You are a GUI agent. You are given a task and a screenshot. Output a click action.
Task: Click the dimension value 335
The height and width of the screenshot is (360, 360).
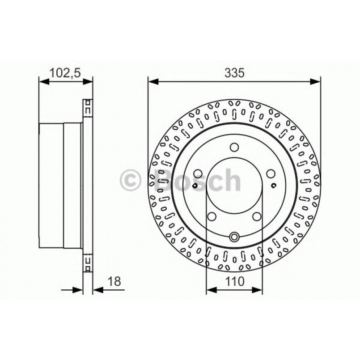tap(234, 73)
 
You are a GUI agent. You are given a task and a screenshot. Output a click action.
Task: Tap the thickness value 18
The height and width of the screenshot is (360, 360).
tap(115, 281)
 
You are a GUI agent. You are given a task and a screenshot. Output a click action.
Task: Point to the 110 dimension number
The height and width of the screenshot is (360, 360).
tap(234, 281)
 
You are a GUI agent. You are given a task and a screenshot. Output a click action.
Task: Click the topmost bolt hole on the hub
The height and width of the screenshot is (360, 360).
tap(234, 147)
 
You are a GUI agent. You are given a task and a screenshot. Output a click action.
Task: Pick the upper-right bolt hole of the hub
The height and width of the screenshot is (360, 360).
tap(270, 173)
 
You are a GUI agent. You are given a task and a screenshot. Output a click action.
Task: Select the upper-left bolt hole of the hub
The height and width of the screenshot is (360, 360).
tap(198, 173)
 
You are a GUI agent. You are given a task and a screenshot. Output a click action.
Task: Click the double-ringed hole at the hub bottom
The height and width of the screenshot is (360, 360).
tap(234, 237)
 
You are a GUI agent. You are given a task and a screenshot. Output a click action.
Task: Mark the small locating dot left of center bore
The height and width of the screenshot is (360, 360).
tap(195, 185)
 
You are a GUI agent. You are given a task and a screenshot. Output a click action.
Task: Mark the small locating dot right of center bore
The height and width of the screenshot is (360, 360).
tap(274, 184)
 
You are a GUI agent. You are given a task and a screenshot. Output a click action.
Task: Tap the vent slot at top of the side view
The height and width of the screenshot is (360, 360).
tap(88, 109)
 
